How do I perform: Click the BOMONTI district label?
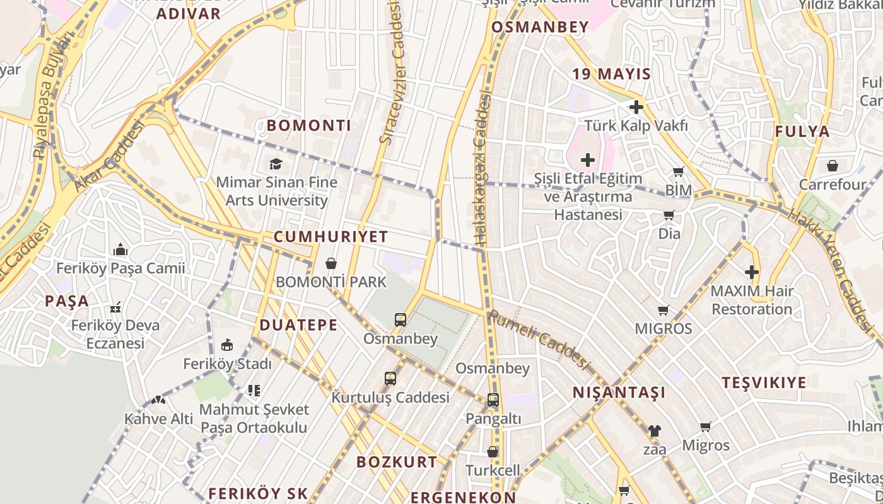[308, 125]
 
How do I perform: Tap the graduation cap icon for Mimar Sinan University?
[276, 164]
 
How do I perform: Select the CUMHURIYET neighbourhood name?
[330, 237]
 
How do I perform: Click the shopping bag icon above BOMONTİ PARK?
[330, 263]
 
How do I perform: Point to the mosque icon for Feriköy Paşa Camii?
[120, 250]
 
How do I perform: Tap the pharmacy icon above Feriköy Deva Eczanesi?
[115, 307]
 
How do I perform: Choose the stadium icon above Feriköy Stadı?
[227, 345]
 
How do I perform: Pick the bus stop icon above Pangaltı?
[493, 400]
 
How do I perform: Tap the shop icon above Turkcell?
[493, 452]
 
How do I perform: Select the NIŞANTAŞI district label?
[619, 393]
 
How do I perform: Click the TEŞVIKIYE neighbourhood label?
[764, 383]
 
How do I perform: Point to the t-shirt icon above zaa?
[654, 431]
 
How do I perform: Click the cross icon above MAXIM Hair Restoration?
[751, 272]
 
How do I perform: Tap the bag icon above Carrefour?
[833, 166]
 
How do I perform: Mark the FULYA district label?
[802, 132]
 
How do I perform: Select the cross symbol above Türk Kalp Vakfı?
[636, 106]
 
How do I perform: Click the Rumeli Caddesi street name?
[539, 340]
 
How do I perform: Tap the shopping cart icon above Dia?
[669, 215]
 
